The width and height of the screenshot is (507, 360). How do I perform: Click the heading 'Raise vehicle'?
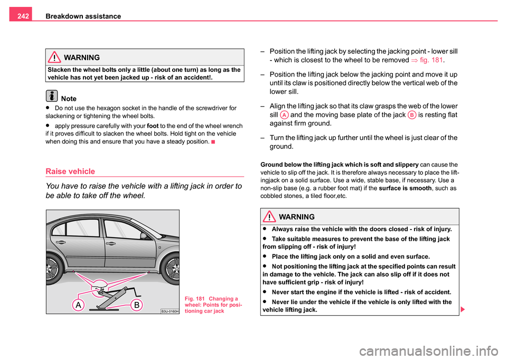(x=71, y=172)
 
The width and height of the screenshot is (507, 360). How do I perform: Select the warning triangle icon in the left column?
(x=53, y=56)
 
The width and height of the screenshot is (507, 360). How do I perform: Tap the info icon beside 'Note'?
(x=52, y=97)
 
